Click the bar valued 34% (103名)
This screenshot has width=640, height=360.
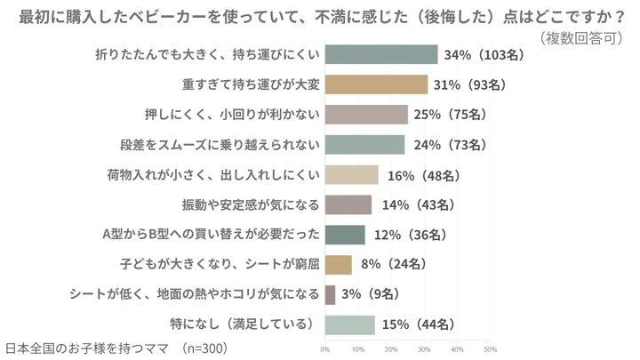click(381, 54)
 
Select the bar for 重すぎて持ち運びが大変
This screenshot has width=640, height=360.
click(377, 84)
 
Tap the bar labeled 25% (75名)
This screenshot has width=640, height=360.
click(366, 114)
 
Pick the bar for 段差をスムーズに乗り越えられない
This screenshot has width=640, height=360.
click(364, 144)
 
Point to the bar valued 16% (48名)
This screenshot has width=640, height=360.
click(352, 174)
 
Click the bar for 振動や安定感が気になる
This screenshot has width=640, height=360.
click(348, 204)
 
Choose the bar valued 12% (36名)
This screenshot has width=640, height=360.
click(345, 235)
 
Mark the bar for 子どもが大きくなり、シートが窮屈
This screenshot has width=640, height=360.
click(339, 264)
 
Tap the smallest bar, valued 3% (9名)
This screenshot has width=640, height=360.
click(331, 294)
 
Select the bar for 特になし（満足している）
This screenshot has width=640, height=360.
click(350, 324)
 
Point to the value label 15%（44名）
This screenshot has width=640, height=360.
click(419, 324)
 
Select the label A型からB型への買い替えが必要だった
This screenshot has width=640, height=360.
click(211, 235)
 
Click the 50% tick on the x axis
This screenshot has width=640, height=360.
click(490, 348)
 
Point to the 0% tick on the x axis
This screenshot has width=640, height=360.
click(325, 348)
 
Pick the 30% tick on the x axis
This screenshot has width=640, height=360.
click(424, 348)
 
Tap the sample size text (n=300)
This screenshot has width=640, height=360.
click(205, 347)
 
